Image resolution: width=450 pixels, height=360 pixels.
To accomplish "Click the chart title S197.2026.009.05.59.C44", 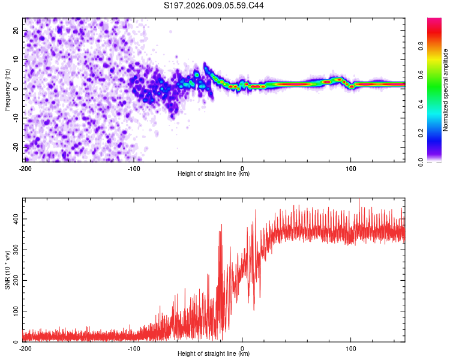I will coord(214,6).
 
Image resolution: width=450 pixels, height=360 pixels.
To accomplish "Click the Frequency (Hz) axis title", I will coord(7,90).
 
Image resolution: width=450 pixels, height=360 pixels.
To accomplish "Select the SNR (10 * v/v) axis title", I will coord(7,269).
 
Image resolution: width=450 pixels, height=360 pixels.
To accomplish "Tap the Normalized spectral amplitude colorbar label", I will coord(445,90).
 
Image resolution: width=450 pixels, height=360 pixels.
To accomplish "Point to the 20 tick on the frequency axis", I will coord(16,31).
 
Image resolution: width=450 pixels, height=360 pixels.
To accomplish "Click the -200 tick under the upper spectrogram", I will coord(25,169).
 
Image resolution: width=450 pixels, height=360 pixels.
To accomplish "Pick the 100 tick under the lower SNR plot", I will coord(351,349).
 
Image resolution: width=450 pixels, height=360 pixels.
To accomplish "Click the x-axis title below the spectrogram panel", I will coord(214,174).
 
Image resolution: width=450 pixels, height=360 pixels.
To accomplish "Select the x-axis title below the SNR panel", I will coord(214,354).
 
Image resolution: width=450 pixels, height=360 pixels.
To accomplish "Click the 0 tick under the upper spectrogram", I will coord(242,169).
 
